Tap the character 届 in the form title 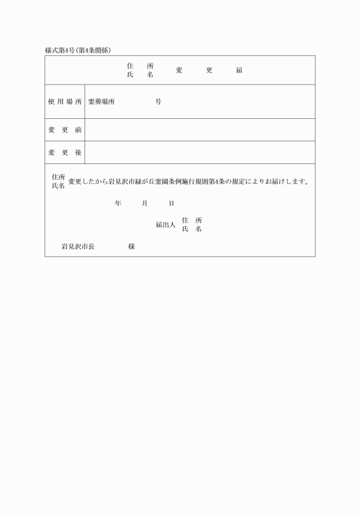[x=239, y=70]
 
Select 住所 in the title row [x=140, y=66]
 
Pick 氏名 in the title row [x=140, y=75]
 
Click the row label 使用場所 [x=65, y=102]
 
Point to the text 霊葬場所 [x=101, y=102]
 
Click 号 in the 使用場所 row [x=158, y=102]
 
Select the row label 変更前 [x=65, y=130]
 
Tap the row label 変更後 [x=65, y=153]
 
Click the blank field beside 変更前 [x=199, y=130]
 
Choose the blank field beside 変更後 [x=199, y=153]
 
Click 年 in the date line [x=118, y=203]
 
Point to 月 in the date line [x=145, y=203]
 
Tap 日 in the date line [x=171, y=203]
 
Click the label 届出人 [x=165, y=225]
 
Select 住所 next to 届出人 [x=192, y=221]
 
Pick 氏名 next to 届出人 [x=192, y=229]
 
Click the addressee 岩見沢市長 [x=78, y=247]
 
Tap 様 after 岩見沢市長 [x=131, y=247]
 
